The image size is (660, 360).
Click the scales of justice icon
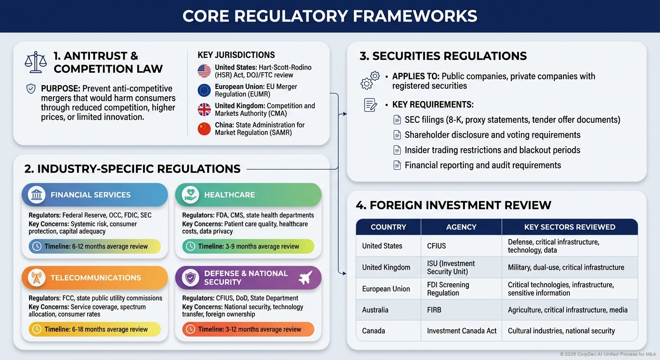coord(36,62)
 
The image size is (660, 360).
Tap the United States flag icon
coord(204,71)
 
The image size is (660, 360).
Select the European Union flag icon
coord(204,90)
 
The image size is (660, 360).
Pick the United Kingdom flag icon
coord(204,109)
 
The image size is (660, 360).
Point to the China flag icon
coord(204,129)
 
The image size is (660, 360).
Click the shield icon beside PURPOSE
coord(31,89)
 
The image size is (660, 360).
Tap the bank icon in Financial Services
coord(36,195)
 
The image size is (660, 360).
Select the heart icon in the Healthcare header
coord(189,195)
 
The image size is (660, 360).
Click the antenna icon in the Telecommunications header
coord(36,277)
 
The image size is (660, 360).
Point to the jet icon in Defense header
coord(305,277)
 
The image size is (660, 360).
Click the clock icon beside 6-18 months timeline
coord(37,329)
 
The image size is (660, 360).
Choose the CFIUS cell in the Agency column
coord(437,246)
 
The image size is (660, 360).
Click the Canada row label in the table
coord(374,331)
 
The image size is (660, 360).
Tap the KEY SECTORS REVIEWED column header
coord(570,227)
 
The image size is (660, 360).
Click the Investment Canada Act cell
coord(462,331)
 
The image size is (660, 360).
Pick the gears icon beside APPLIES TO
coord(370,80)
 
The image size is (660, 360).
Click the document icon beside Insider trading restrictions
coord(397,150)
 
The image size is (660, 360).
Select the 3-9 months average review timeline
coord(248,246)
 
